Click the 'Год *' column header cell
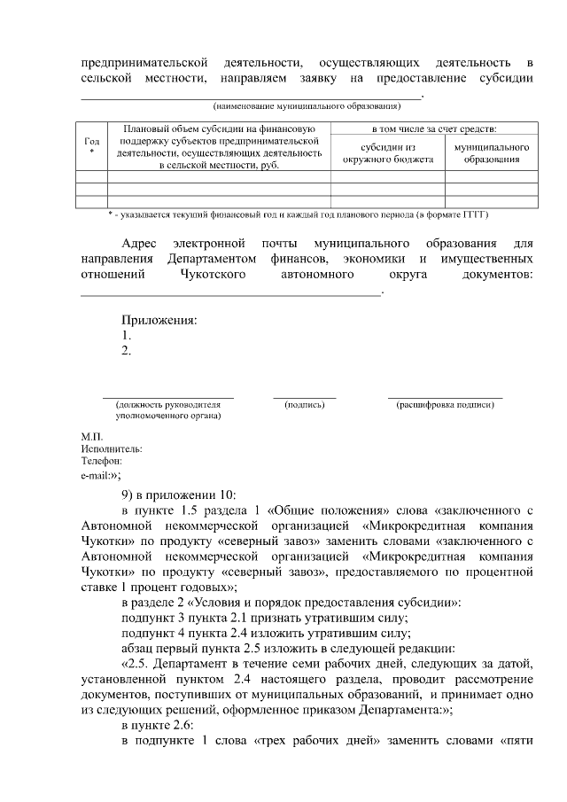tap(91, 146)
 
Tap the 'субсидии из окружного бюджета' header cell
tap(387, 153)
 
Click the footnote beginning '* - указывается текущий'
tap(298, 214)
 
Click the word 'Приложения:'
tap(159, 320)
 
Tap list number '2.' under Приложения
tap(126, 351)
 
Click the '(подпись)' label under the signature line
tap(304, 404)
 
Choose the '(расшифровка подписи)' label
tap(445, 404)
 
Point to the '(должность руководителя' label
tap(167, 404)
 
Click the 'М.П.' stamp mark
tap(91, 436)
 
